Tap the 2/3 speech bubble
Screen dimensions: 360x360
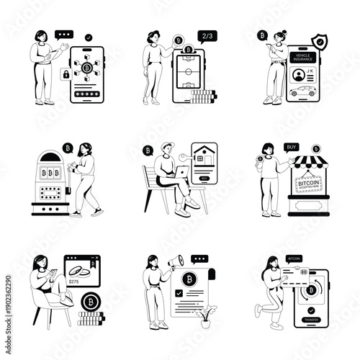(207, 35)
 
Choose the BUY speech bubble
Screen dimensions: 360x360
(292, 146)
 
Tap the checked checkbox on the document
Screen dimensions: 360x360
(179, 294)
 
